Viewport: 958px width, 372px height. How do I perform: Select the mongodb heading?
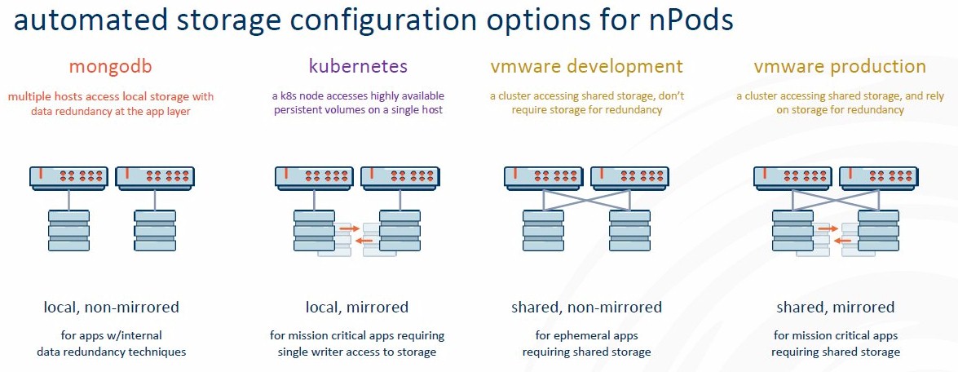(111, 66)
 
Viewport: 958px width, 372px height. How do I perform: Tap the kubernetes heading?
(358, 66)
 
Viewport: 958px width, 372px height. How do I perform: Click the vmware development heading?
(586, 66)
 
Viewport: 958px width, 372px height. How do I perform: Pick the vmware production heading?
(840, 66)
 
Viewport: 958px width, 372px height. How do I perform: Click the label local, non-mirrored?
(111, 308)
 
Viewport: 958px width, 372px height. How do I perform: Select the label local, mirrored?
(357, 308)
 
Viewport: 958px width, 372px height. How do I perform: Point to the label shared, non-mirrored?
(586, 308)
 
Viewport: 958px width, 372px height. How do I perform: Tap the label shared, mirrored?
(835, 308)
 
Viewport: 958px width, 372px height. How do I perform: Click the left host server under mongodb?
(68, 176)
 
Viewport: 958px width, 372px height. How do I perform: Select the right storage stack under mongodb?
(155, 230)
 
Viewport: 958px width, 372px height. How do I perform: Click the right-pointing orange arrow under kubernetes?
(350, 228)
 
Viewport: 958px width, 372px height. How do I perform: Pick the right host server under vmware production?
(879, 176)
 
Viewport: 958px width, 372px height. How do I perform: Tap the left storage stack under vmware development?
(543, 230)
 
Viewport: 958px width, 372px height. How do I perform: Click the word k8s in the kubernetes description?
(291, 96)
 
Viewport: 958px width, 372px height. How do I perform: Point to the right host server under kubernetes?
(400, 176)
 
